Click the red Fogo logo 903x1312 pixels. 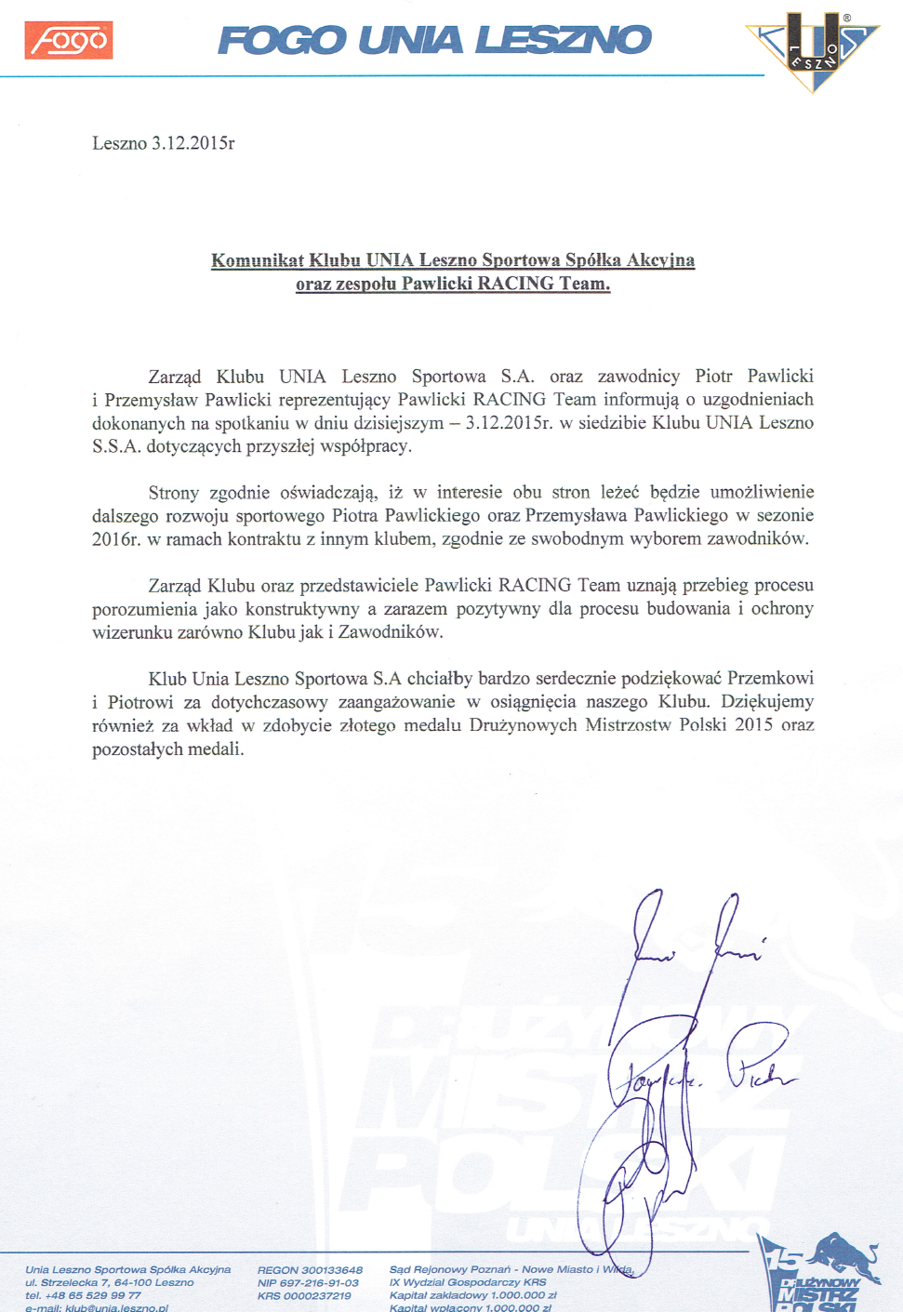(69, 40)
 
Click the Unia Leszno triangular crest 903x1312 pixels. (813, 50)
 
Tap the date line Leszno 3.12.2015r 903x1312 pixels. (163, 143)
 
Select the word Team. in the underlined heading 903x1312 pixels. (585, 284)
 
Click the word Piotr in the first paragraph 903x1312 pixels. (713, 377)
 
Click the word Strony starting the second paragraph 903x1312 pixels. (173, 493)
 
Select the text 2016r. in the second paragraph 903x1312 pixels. (116, 539)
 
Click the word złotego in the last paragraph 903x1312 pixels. (365, 725)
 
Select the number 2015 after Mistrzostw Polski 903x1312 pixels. (753, 725)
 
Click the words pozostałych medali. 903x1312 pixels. (167, 749)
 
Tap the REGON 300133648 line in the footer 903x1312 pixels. (310, 1270)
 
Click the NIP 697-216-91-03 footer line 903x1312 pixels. (308, 1283)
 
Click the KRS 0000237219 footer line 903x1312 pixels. (304, 1296)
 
